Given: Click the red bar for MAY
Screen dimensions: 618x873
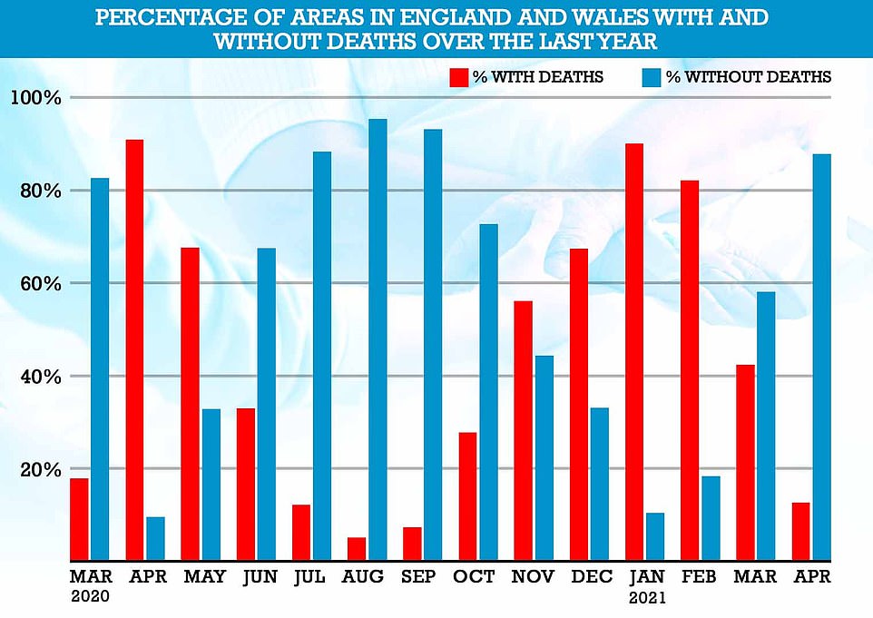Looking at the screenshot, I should point(190,404).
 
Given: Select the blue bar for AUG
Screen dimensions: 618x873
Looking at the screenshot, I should point(378,340).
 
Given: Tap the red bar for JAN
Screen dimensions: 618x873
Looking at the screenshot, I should point(635,352).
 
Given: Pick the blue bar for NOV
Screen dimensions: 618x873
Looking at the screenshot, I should point(544,458).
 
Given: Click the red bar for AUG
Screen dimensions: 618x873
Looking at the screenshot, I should point(357,549).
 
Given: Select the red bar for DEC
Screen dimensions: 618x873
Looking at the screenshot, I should point(579,405).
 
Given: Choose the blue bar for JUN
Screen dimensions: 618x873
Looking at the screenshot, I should point(267,405).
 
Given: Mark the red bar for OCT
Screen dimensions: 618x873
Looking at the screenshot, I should point(468,496).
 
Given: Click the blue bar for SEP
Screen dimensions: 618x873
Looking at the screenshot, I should point(433,345).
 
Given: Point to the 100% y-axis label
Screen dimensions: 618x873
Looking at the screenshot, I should point(35,98).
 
